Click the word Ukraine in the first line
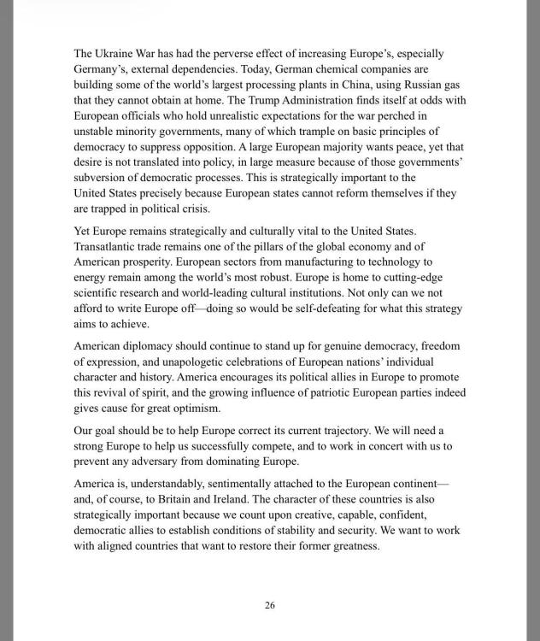[115, 54]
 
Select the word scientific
[97, 293]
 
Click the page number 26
[270, 606]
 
